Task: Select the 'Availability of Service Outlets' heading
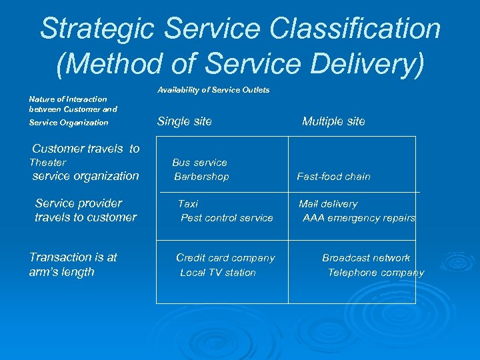tap(213, 90)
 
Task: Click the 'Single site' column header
tap(184, 121)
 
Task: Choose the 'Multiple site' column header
tap(333, 121)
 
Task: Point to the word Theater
tap(48, 163)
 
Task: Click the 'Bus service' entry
tap(199, 163)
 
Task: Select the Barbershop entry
tap(201, 177)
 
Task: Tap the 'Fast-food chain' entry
tap(333, 177)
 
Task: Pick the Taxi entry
tap(188, 204)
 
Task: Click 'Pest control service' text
tap(227, 218)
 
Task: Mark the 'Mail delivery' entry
tap(328, 204)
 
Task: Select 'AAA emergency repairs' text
tap(359, 218)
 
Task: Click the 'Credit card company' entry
tap(225, 258)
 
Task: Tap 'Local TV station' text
tap(218, 273)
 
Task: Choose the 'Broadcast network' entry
tap(366, 258)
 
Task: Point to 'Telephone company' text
tap(375, 273)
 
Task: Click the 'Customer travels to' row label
tap(86, 149)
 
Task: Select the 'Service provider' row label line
tap(79, 203)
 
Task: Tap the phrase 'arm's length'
tap(62, 272)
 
